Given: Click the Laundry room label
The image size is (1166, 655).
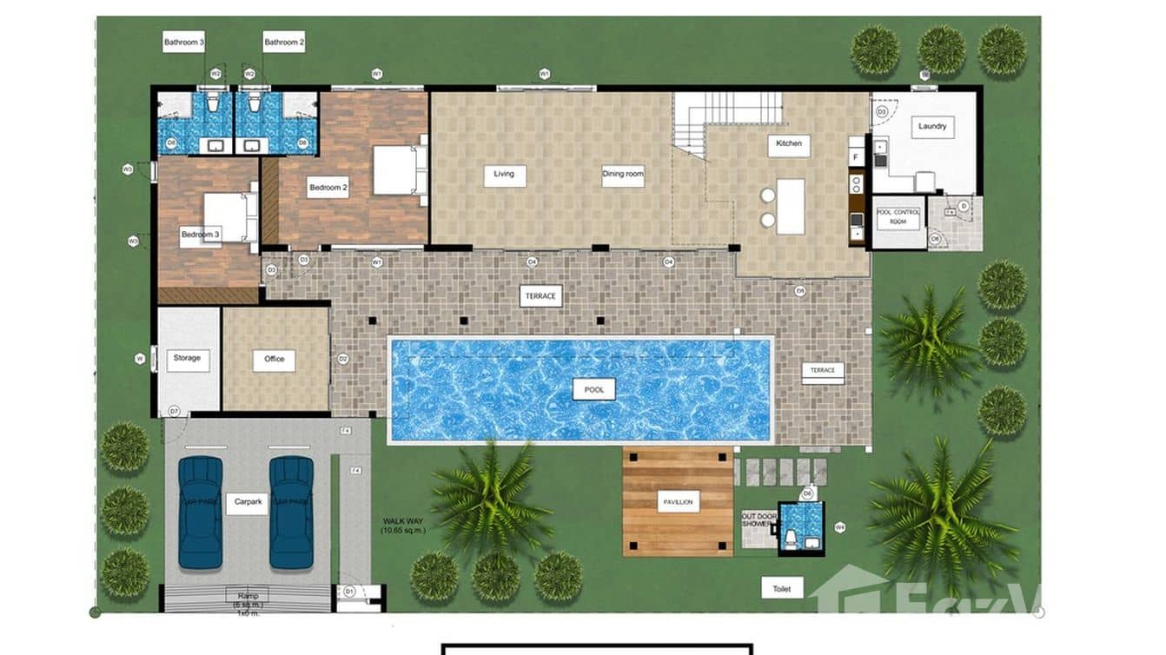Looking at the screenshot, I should click(x=932, y=127).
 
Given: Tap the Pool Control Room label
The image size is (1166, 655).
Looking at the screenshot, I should click(x=898, y=217).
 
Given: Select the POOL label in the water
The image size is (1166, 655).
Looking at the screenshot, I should click(x=593, y=389).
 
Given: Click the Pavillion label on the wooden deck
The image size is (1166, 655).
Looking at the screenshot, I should click(x=678, y=501).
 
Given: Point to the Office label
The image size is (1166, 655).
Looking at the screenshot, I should click(x=274, y=359).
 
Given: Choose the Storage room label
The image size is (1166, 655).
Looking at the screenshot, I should click(x=187, y=358).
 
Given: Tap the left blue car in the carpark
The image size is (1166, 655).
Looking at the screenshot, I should click(x=201, y=513).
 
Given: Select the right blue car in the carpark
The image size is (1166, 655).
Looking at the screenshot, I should click(x=291, y=513).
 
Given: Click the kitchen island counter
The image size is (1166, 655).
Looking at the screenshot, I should click(x=791, y=207).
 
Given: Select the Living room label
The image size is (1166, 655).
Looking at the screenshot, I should click(x=504, y=174).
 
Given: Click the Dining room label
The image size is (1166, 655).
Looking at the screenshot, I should click(x=623, y=175).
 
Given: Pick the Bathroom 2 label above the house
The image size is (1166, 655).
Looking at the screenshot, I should click(x=284, y=42).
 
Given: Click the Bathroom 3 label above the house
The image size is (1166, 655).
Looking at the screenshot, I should click(x=184, y=42).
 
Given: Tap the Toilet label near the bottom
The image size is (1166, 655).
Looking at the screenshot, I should click(x=782, y=588).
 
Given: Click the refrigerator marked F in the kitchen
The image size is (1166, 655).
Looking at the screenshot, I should click(x=856, y=157).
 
